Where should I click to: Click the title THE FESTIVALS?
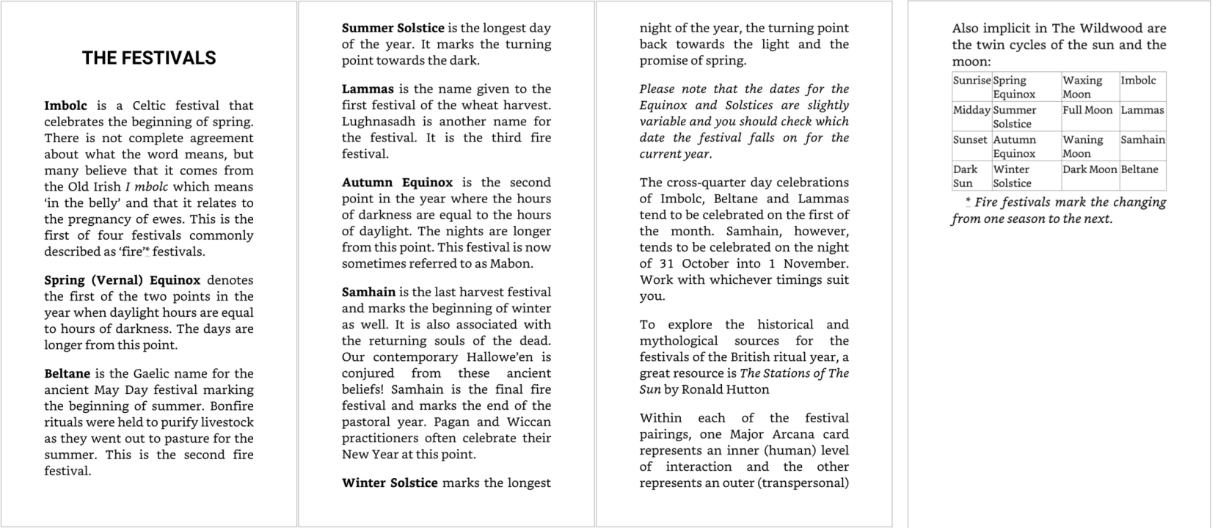pyautogui.click(x=149, y=58)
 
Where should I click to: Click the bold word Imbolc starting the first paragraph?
pyautogui.click(x=65, y=106)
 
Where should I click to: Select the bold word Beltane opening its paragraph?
pyautogui.click(x=67, y=373)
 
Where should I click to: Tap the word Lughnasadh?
pyautogui.click(x=379, y=121)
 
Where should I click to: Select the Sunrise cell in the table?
pyautogui.click(x=971, y=81)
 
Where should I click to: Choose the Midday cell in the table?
pyautogui.click(x=971, y=110)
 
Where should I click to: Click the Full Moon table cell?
pyautogui.click(x=1087, y=110)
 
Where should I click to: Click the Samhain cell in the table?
pyautogui.click(x=1142, y=139)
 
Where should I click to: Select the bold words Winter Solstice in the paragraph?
pyautogui.click(x=390, y=483)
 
